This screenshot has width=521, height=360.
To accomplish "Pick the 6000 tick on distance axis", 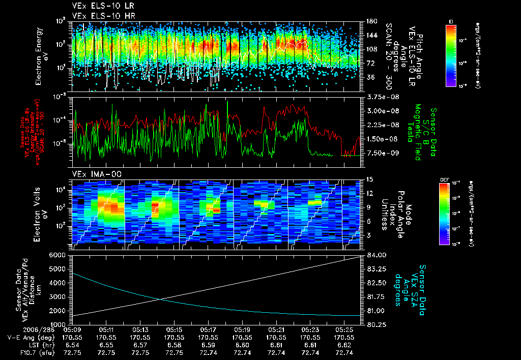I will point(60,255).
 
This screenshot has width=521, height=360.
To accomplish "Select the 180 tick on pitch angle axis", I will point(368,21).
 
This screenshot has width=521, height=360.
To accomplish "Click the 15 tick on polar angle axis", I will point(366,179).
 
